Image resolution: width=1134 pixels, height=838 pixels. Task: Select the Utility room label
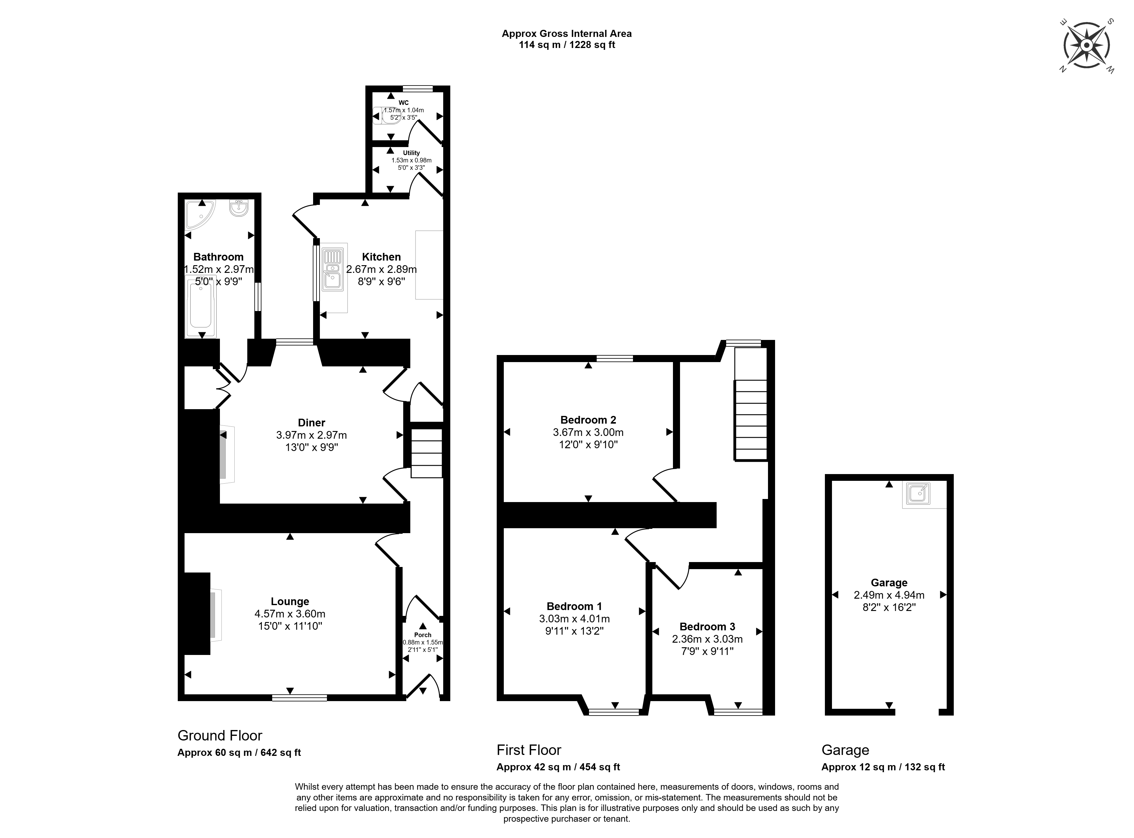click(x=411, y=153)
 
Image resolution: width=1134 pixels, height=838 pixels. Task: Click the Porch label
click(x=423, y=635)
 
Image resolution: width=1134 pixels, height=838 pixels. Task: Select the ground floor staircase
click(x=427, y=453)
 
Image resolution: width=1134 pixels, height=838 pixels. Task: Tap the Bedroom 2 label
click(x=588, y=420)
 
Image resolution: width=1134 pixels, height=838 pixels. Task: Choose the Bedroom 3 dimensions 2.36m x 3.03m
click(x=707, y=639)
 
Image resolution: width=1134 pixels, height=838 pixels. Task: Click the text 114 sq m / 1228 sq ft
click(x=567, y=45)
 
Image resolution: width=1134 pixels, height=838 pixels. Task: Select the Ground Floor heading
click(x=220, y=736)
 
